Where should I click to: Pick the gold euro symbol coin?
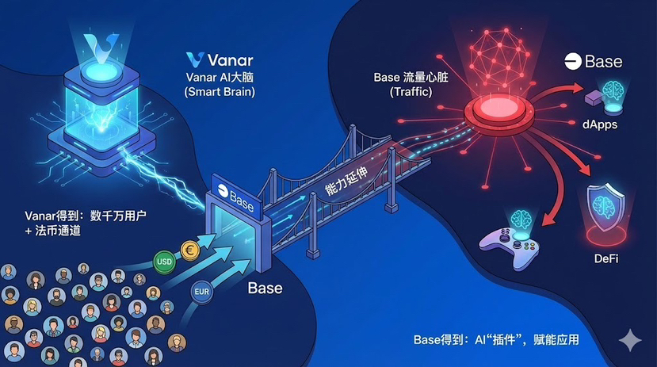click(190, 248)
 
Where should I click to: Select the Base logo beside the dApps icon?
click(593, 61)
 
